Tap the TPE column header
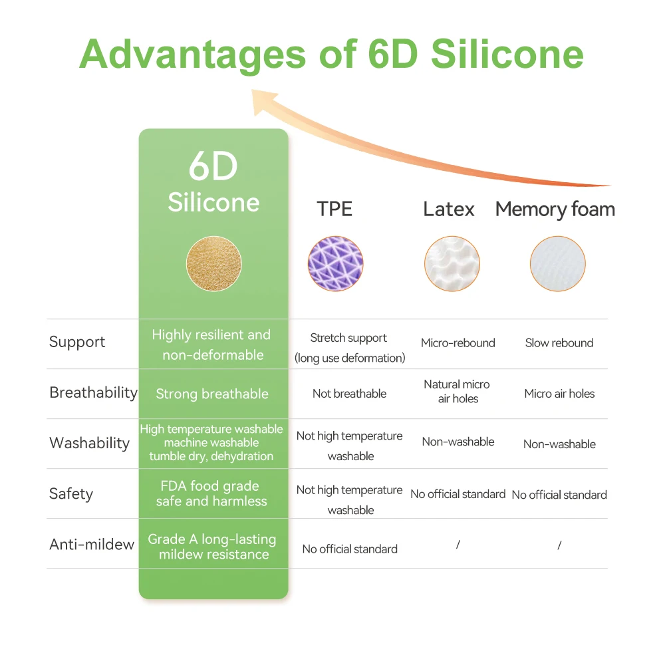334,209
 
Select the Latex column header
449,209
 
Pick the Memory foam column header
555,209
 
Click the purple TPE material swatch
335,264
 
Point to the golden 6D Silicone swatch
213,264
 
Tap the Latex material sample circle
452,264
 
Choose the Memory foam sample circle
558,264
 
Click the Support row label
77,342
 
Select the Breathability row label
93,393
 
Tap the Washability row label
89,444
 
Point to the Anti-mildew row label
92,545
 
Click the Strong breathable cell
212,394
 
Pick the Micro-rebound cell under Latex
458,343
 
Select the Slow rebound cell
559,343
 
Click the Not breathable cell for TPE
349,394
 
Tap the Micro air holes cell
559,394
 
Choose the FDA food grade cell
211,493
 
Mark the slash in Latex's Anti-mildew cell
458,545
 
